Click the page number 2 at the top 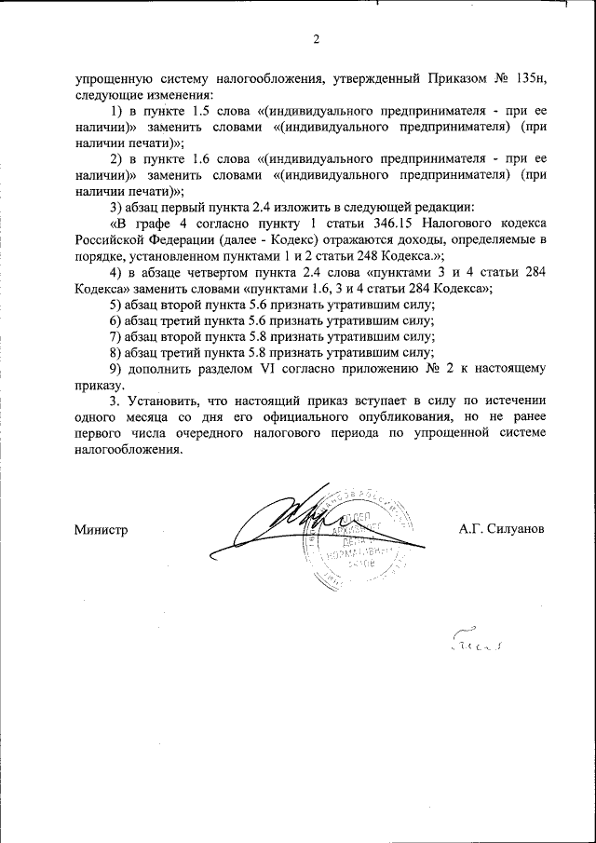316,39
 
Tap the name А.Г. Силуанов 502,529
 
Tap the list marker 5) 116,305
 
